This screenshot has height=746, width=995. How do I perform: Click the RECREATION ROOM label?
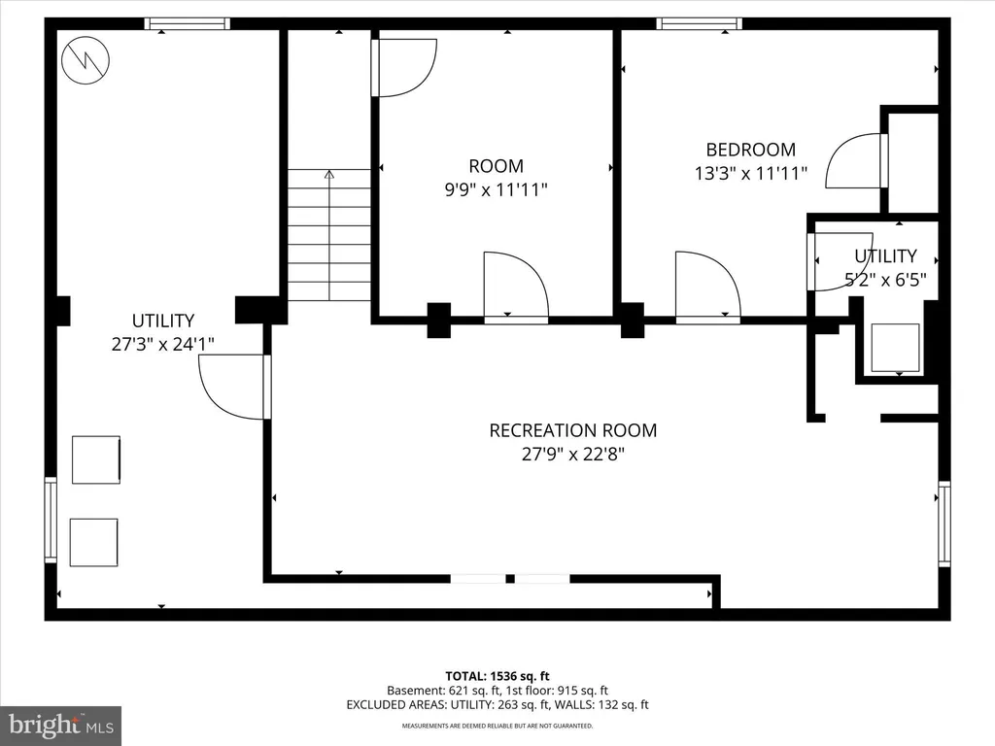[573, 430]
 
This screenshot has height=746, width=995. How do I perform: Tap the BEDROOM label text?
[751, 150]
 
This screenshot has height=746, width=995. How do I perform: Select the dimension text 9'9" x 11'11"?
[496, 189]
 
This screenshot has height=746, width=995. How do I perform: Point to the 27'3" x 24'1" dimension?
[163, 344]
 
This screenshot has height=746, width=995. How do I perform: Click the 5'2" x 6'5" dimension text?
[885, 279]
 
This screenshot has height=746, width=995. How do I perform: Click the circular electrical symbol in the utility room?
[86, 60]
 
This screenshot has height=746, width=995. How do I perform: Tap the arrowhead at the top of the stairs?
[328, 174]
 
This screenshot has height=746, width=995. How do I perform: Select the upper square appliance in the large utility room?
[96, 459]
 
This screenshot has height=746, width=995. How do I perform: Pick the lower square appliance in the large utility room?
[94, 542]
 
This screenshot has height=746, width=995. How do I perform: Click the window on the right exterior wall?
[944, 524]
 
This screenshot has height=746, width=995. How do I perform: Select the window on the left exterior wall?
[51, 520]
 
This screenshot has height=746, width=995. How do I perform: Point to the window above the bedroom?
[700, 24]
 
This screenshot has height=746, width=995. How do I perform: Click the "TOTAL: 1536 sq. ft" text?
[497, 676]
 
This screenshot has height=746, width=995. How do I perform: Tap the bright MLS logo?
[61, 726]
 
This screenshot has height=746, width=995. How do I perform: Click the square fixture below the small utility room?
[895, 348]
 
